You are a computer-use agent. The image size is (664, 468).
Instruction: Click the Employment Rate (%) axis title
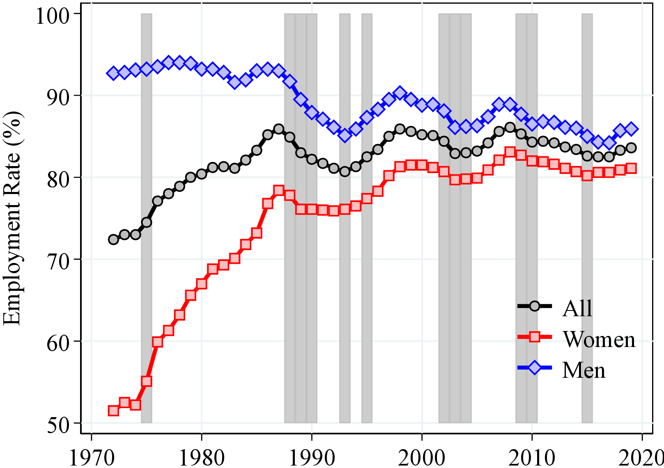(x=12, y=218)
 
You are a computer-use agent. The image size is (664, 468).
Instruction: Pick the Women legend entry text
(x=599, y=340)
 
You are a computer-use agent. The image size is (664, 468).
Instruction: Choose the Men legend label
(x=584, y=370)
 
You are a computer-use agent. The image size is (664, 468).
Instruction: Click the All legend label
(x=577, y=308)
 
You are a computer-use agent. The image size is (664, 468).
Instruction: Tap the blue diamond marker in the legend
(x=535, y=368)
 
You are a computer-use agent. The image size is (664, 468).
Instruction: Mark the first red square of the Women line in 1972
(x=113, y=410)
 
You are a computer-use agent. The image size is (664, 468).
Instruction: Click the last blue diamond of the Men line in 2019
(x=631, y=129)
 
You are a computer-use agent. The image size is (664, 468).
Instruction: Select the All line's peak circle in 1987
(x=279, y=129)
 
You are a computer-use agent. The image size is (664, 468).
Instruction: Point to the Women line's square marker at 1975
(x=147, y=381)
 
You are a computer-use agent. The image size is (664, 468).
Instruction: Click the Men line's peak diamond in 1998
(x=400, y=93)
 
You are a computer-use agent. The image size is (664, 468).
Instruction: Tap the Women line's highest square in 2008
(x=510, y=152)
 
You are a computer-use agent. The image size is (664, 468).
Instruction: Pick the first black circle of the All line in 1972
(x=113, y=239)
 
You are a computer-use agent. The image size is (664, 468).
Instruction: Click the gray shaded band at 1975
(x=147, y=287)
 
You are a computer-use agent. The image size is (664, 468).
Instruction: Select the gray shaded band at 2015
(x=587, y=287)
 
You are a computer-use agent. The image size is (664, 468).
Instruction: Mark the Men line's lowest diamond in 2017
(x=609, y=143)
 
